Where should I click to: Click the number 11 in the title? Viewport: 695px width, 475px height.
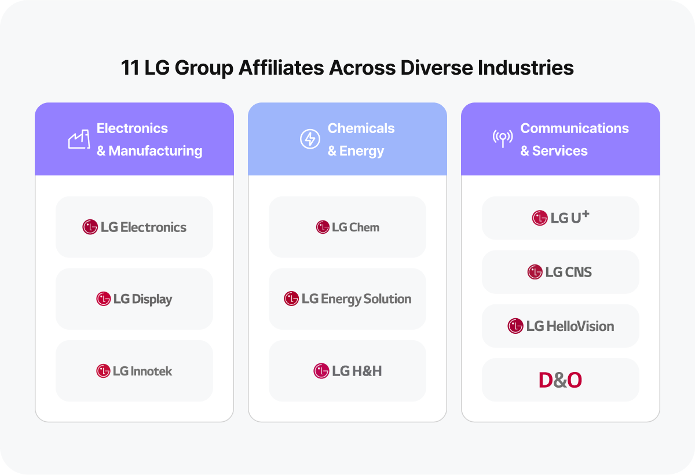click(130, 68)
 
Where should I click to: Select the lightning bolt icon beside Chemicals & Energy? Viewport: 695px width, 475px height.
click(310, 139)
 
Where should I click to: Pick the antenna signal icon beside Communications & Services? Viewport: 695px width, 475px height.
click(502, 139)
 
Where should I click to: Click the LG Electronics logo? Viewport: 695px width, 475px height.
click(134, 227)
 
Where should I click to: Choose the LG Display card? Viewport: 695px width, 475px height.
click(134, 299)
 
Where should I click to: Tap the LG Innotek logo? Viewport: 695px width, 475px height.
click(134, 371)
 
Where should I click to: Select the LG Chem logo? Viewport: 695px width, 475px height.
click(348, 227)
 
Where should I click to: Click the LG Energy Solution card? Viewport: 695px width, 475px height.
click(348, 299)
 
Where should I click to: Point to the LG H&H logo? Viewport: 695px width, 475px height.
click(348, 371)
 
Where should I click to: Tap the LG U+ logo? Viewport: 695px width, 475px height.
click(560, 218)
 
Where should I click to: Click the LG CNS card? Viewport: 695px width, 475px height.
click(560, 272)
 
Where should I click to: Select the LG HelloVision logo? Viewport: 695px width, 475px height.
click(560, 326)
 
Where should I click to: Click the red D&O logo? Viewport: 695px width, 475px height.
click(560, 380)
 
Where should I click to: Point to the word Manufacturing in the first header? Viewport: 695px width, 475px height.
click(155, 151)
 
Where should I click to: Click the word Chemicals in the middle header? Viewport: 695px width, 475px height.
click(361, 128)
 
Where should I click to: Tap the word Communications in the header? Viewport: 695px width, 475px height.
click(574, 128)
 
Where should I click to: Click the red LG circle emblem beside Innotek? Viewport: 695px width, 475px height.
click(103, 371)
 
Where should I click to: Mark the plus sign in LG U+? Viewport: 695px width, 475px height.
click(586, 214)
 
